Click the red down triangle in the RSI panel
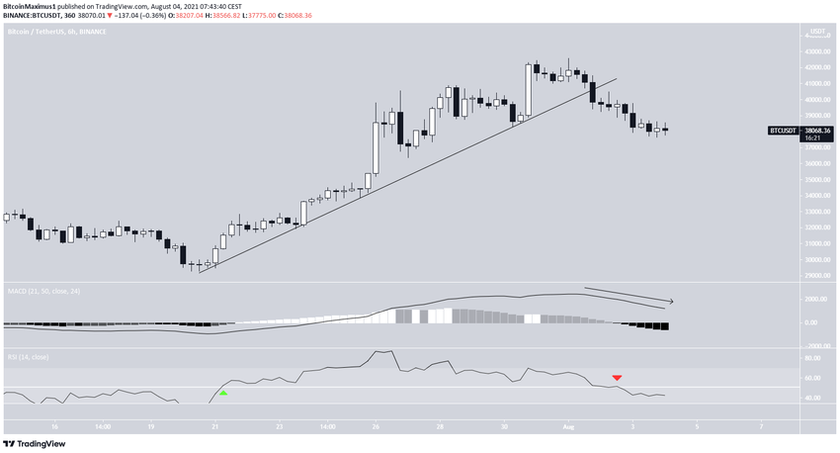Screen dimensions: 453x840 617,378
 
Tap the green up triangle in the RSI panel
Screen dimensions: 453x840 223,393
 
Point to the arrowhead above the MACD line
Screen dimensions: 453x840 671,301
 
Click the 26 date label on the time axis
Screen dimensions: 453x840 377,427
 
